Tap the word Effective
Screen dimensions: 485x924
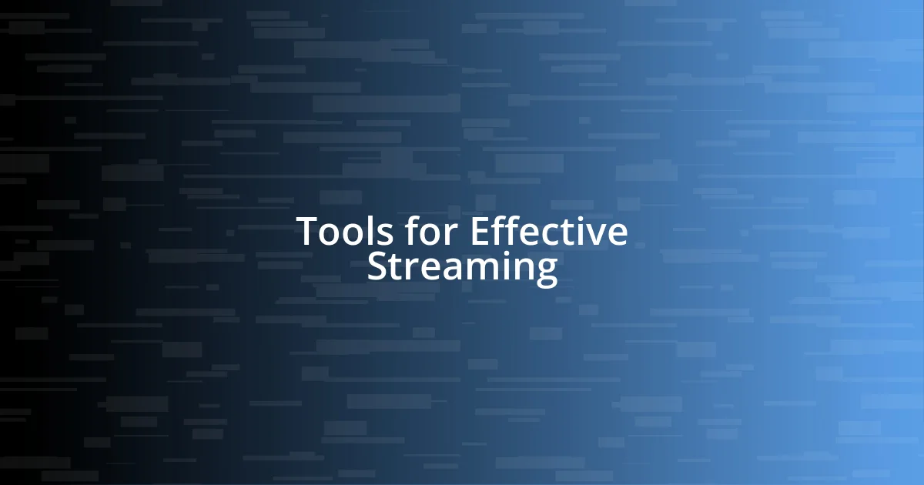pyautogui.click(x=548, y=232)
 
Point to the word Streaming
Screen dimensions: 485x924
pyautogui.click(x=462, y=268)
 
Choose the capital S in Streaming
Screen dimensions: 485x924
pyautogui.click(x=377, y=268)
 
